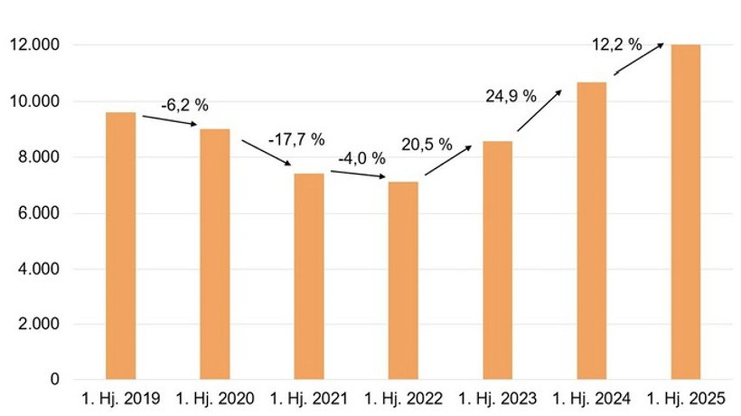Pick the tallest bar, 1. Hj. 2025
coord(686,212)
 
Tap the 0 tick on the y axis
coord(55,379)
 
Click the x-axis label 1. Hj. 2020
coord(215,398)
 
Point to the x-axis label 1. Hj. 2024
coord(591,398)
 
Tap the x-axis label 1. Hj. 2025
coord(686,398)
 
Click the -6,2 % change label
coord(184,106)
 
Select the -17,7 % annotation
coord(296,140)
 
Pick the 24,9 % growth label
coord(511,96)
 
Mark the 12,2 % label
coord(616,44)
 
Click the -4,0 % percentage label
coord(362,158)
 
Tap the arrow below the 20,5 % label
coord(448,161)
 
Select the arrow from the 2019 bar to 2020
coord(169,121)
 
